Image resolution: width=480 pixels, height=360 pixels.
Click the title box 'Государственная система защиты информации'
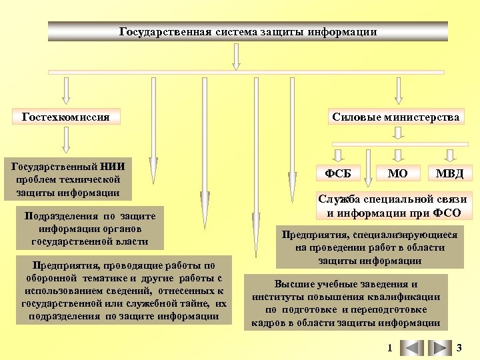(x=247, y=31)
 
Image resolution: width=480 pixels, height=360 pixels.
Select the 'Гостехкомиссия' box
(x=65, y=117)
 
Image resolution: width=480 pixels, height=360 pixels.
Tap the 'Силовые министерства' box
(x=395, y=117)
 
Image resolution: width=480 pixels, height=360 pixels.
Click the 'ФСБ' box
(x=337, y=173)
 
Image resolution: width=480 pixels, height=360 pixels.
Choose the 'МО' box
(x=398, y=173)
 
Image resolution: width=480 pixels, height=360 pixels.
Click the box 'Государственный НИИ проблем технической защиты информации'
(x=65, y=179)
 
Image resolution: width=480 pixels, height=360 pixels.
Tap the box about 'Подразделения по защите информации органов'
(x=89, y=228)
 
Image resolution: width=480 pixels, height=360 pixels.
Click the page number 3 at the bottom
(x=459, y=347)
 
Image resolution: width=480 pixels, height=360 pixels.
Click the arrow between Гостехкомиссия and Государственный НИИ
(x=65, y=139)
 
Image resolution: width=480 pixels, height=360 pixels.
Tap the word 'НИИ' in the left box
(x=114, y=165)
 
